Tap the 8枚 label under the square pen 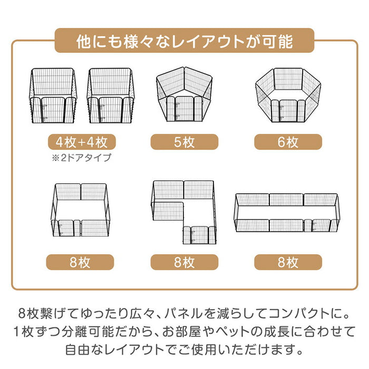80,262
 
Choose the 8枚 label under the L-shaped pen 184,262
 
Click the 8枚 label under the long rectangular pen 288,262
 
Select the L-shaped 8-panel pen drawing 184,211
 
